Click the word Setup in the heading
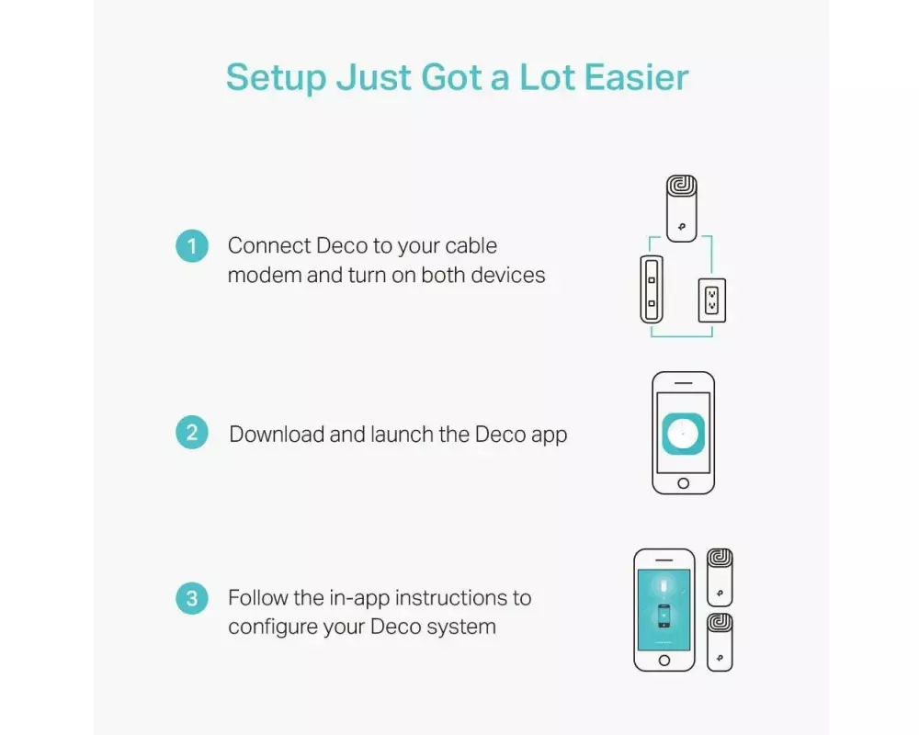click(276, 78)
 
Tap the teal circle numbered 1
click(192, 246)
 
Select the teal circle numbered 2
click(192, 433)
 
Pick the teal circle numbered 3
click(192, 598)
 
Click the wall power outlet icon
click(711, 300)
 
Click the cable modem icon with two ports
click(652, 289)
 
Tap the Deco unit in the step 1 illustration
click(682, 209)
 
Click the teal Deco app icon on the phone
click(684, 434)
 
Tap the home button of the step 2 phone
click(684, 483)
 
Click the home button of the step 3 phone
click(664, 661)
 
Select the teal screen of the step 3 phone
click(664, 609)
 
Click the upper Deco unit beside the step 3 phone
click(720, 577)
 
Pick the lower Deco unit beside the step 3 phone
click(720, 642)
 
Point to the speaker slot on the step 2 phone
click(684, 383)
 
